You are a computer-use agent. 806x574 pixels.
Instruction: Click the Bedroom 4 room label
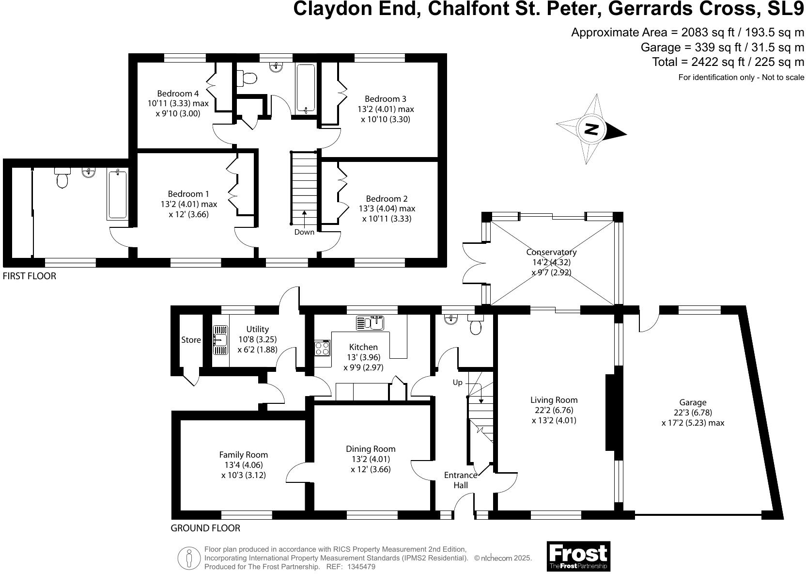point(178,94)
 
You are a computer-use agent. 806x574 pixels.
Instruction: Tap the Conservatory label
point(551,252)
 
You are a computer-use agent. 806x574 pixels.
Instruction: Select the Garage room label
point(693,402)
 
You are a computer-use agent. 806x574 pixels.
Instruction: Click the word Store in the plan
point(191,340)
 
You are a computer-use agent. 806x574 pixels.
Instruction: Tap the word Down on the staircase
point(304,232)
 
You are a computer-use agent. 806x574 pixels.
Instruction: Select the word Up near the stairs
point(457,383)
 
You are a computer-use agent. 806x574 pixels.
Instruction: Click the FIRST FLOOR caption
point(30,276)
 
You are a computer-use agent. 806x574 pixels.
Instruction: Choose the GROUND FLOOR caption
point(205,528)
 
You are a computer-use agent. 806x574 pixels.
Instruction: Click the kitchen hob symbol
point(323,348)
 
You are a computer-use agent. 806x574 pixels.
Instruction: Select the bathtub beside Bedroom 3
point(306,89)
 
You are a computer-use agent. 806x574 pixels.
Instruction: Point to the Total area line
point(728,62)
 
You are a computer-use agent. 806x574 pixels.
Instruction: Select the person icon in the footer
point(190,558)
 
